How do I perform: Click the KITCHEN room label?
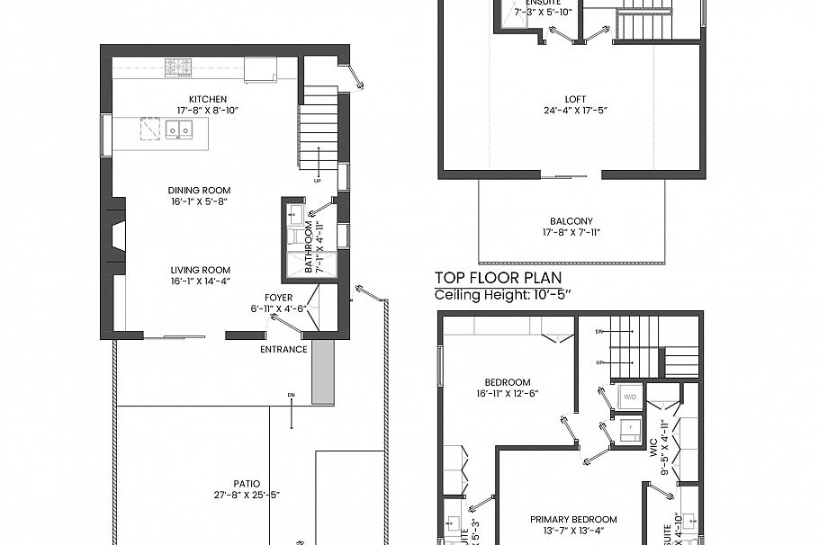tap(208, 99)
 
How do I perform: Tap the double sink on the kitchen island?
tap(183, 130)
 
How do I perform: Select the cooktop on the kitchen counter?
tap(177, 66)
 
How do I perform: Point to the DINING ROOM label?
tap(199, 191)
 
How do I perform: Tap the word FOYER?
tap(278, 298)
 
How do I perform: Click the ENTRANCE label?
tap(283, 349)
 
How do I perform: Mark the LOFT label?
tap(575, 100)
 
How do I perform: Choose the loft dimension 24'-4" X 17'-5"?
tap(575, 111)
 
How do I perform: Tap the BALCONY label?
tap(571, 221)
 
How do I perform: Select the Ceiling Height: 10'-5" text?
tap(504, 294)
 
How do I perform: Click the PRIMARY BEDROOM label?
tap(573, 519)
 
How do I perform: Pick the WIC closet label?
tap(655, 447)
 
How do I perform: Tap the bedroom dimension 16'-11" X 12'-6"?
tap(508, 393)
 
